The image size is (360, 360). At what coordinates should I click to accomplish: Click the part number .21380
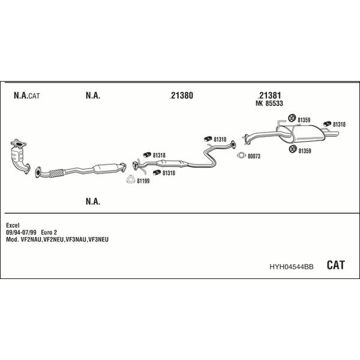coord(181,95)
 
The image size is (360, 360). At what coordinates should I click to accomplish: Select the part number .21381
coord(269,95)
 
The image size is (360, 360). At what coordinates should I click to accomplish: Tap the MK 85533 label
coord(269,104)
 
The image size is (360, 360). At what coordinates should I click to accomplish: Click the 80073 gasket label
coord(254,156)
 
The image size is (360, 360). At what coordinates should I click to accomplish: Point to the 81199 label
coord(143,181)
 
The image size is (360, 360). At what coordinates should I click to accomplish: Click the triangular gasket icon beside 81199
coord(131,179)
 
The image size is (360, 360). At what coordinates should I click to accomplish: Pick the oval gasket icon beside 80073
coord(241,155)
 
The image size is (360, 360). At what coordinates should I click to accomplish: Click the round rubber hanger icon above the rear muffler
coord(292,118)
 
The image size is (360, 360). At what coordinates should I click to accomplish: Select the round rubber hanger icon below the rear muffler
coord(293,149)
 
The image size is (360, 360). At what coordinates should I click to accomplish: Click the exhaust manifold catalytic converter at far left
coord(20,156)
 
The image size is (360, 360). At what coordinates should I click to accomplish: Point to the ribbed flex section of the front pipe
coord(56,173)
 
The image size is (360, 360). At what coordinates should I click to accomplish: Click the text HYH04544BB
coord(292,267)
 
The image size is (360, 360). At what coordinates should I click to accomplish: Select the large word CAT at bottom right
coord(335,265)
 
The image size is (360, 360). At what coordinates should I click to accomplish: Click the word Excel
coord(13,225)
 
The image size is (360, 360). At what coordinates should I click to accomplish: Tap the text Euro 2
coord(49,232)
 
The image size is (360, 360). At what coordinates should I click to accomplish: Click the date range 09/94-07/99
coord(21,232)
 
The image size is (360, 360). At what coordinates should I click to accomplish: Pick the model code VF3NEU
coord(98,239)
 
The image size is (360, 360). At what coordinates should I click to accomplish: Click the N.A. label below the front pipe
coord(93,202)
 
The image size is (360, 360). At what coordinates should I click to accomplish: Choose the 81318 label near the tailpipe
coord(339,124)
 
